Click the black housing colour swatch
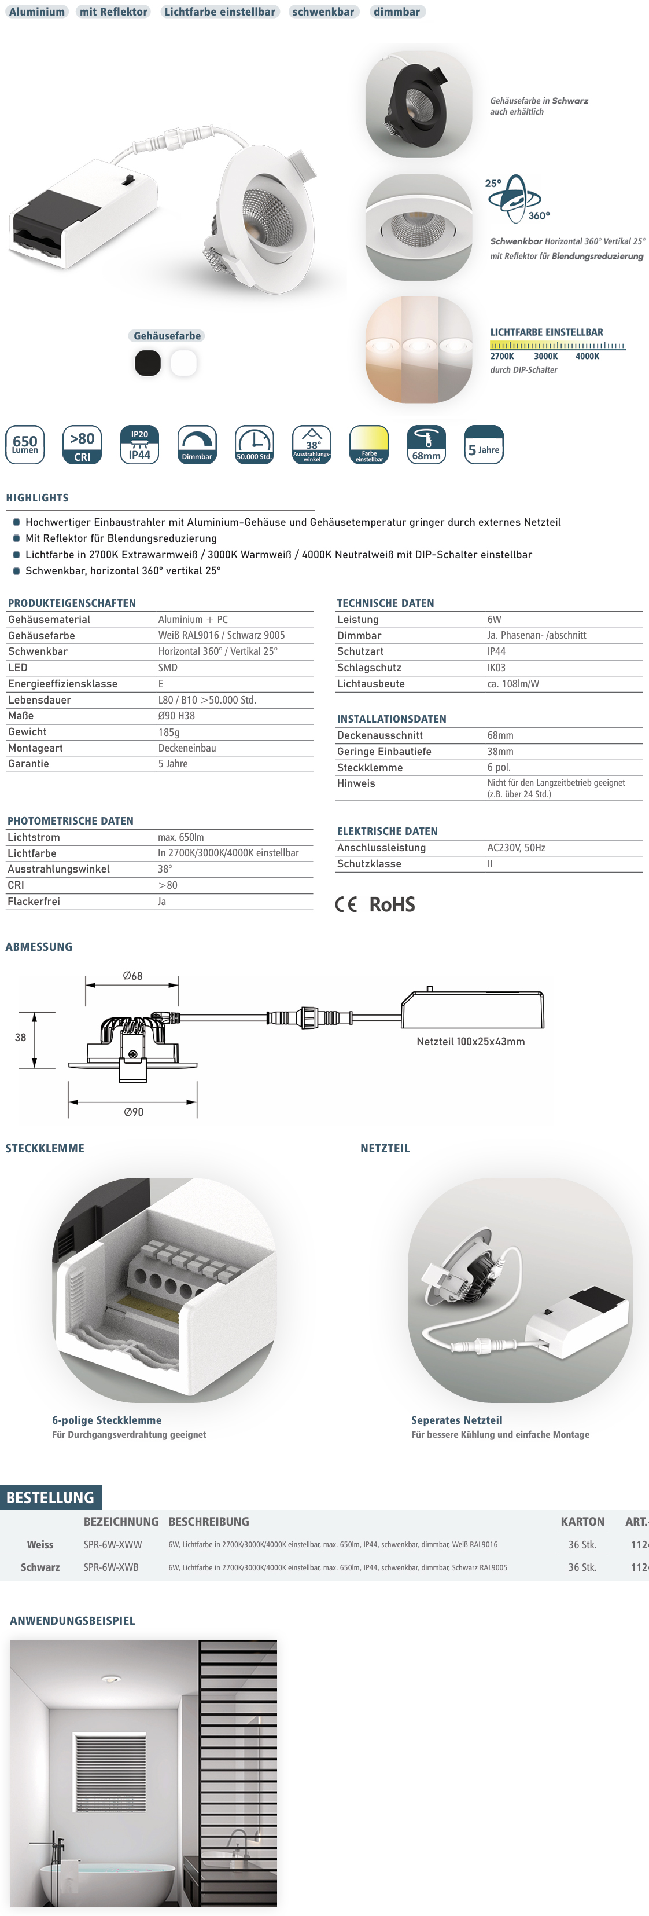(x=147, y=363)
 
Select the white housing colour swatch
(x=183, y=363)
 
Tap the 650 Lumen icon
(x=25, y=445)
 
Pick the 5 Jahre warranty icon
(x=484, y=445)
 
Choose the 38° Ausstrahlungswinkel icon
(x=312, y=445)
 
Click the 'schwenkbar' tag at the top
(x=323, y=12)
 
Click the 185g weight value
(x=169, y=732)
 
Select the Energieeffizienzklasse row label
(x=62, y=684)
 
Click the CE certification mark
(x=346, y=904)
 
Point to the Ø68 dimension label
(x=132, y=976)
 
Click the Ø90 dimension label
(x=133, y=1112)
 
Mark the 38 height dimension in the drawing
(x=20, y=1038)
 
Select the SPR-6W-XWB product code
(x=110, y=1567)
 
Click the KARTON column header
(x=582, y=1522)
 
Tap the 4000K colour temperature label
(x=587, y=356)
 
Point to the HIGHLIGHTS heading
(x=37, y=497)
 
